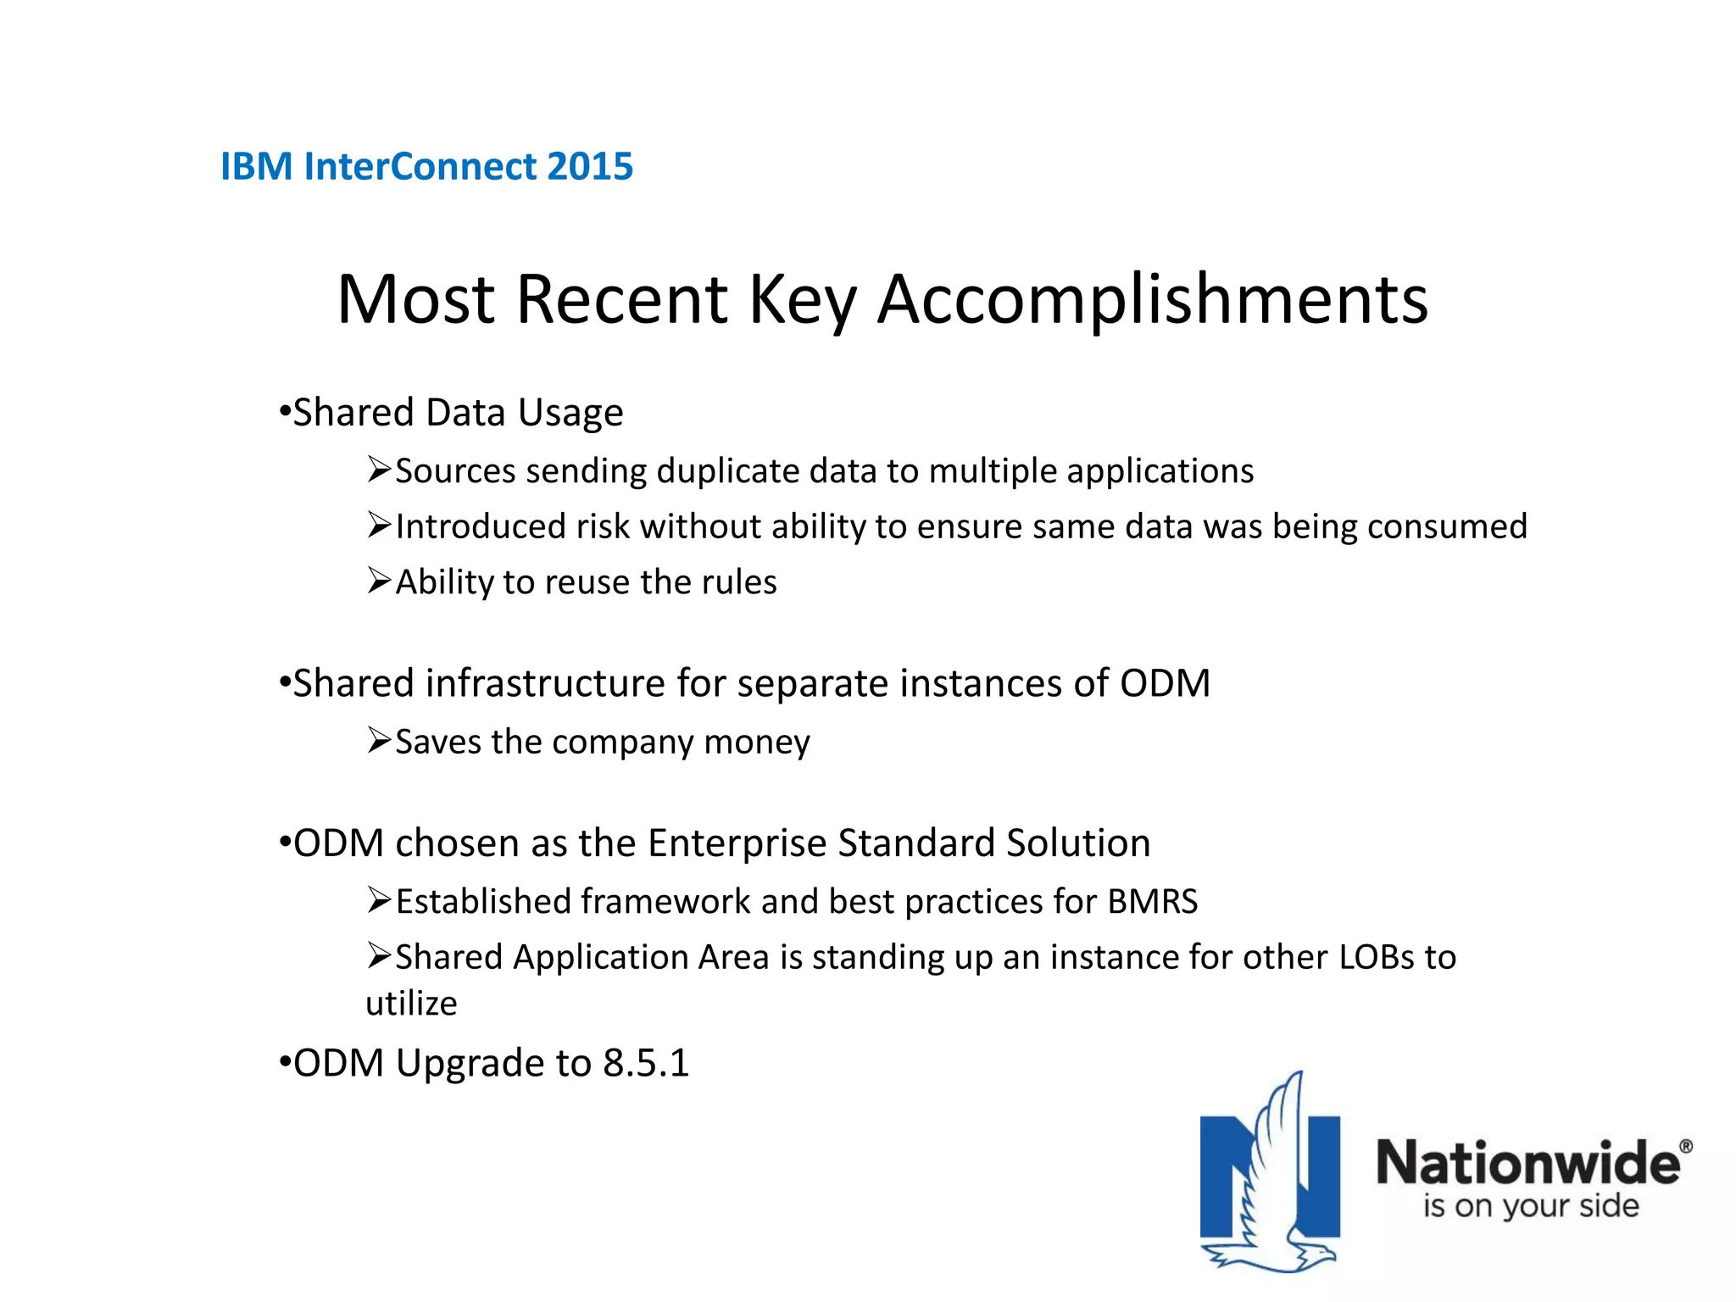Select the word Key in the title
[802, 300]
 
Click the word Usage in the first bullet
[570, 414]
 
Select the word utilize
[411, 1004]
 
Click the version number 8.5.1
[646, 1063]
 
